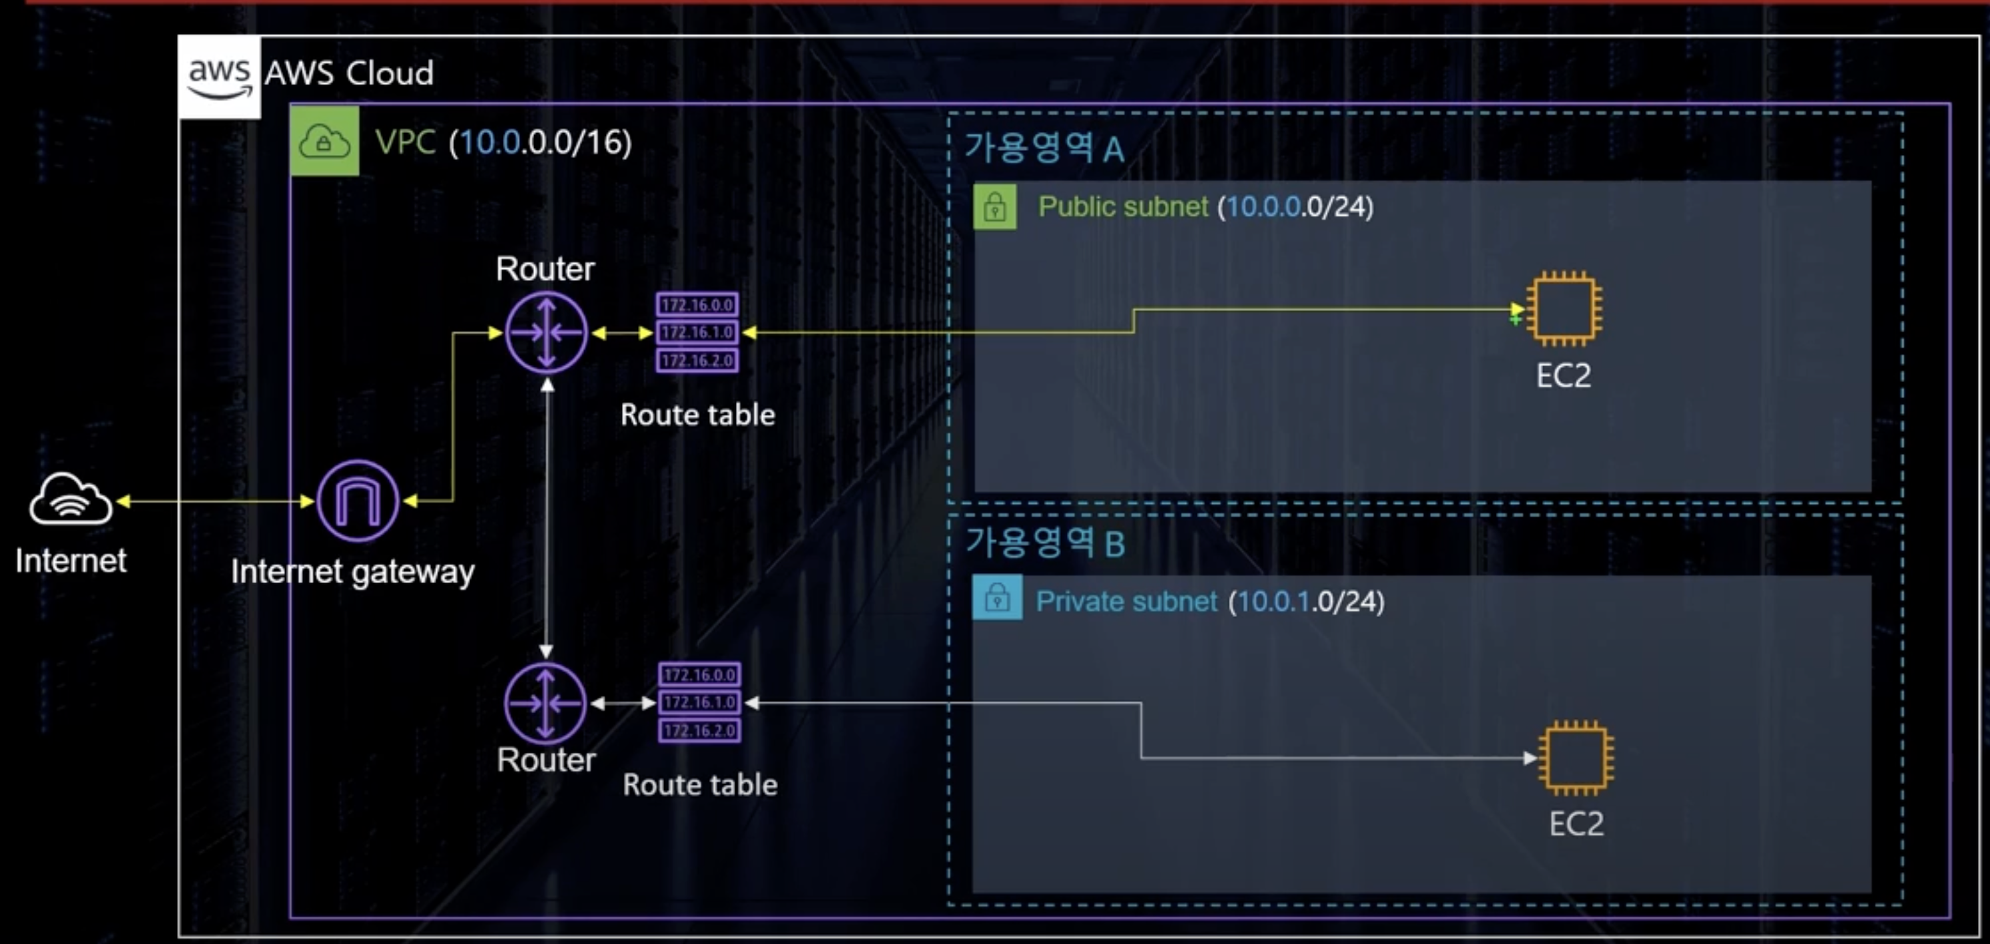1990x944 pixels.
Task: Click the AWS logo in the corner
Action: (x=219, y=77)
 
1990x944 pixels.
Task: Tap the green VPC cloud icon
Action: (x=324, y=141)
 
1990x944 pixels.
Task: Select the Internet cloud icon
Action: (x=71, y=500)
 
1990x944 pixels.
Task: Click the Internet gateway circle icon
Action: (x=357, y=501)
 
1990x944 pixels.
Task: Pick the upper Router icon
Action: (x=546, y=333)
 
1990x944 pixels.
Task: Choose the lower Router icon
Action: (x=545, y=703)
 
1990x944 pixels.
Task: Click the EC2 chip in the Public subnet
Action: (x=1564, y=309)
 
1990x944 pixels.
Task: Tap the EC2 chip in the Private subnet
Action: (x=1576, y=758)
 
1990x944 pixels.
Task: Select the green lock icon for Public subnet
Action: (x=995, y=207)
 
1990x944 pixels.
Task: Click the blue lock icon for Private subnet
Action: (x=997, y=598)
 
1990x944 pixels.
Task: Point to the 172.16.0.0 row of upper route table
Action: (x=697, y=304)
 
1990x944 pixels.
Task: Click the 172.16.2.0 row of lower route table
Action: (x=700, y=730)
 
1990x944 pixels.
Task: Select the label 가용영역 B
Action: (x=1045, y=543)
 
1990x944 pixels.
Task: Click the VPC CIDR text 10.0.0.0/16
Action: (x=541, y=142)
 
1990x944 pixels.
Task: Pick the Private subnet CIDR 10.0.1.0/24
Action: (x=1307, y=601)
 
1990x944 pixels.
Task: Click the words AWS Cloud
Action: (x=349, y=73)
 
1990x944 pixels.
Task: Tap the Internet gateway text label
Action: (x=352, y=572)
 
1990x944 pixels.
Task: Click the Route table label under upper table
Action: (x=697, y=415)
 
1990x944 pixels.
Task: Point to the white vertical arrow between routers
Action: (x=547, y=517)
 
